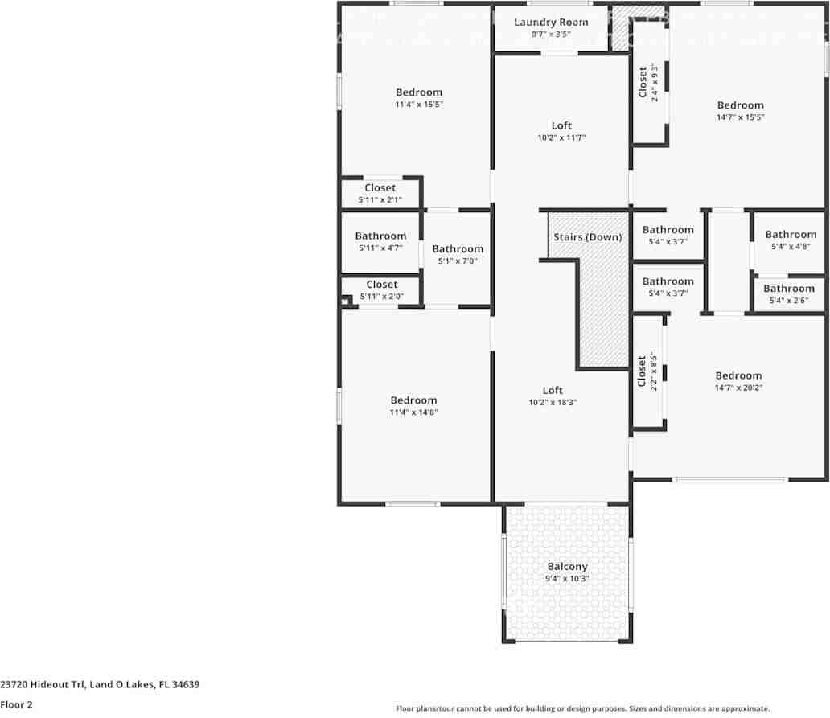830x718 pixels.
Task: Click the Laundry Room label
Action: (x=551, y=22)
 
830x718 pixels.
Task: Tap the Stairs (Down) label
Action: (x=587, y=237)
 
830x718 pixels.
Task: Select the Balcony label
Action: (x=567, y=567)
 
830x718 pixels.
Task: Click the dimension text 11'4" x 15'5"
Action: (x=419, y=105)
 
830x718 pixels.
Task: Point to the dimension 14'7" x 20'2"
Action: (x=738, y=388)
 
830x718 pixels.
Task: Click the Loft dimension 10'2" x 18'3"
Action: (x=553, y=402)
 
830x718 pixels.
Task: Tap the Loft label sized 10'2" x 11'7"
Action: (x=561, y=125)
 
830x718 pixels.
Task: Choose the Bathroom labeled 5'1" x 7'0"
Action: (x=458, y=249)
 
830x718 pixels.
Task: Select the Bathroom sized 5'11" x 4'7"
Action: (x=380, y=236)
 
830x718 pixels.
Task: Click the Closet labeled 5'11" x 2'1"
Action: (x=380, y=188)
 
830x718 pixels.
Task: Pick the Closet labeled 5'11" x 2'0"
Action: (x=381, y=285)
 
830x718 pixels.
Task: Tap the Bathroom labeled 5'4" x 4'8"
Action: (x=790, y=235)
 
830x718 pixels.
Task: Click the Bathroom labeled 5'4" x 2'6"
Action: (x=788, y=289)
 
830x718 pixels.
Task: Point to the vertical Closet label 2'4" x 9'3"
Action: (x=643, y=82)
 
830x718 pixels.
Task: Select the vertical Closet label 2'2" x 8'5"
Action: (x=642, y=371)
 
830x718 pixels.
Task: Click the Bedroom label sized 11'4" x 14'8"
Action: (x=413, y=400)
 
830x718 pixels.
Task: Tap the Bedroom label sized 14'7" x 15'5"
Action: (x=740, y=105)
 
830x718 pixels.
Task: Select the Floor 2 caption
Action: (x=17, y=705)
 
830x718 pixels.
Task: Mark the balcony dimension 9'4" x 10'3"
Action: (x=567, y=578)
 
